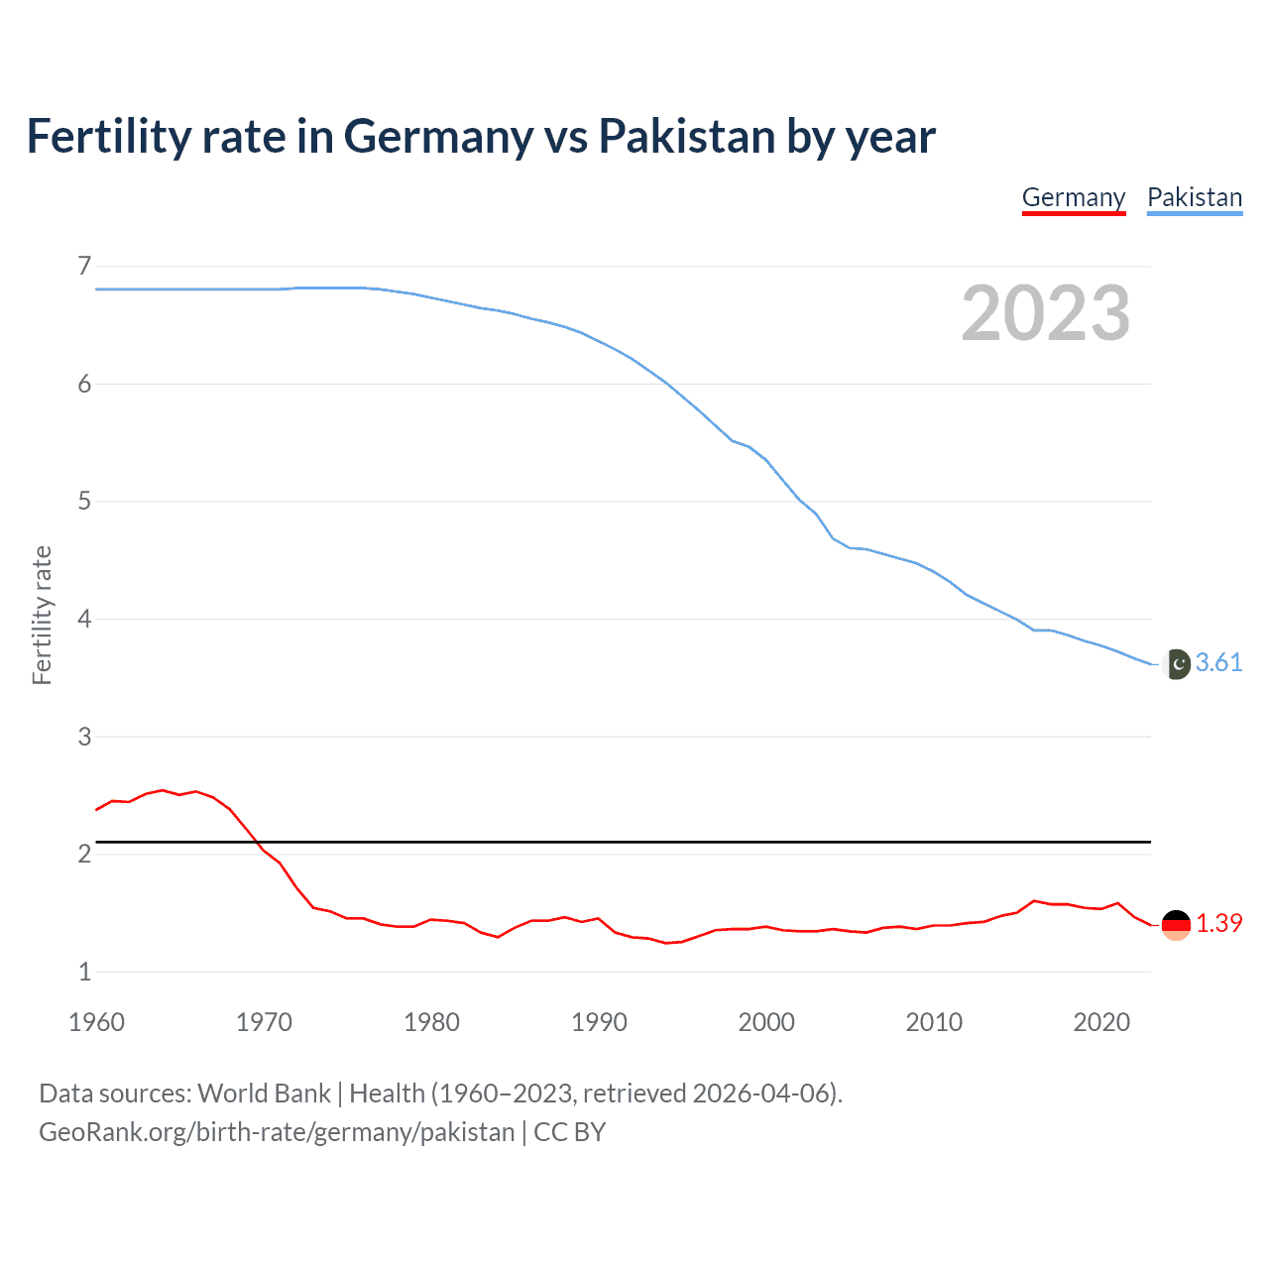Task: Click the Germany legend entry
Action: pos(1074,197)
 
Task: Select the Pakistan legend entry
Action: pos(1195,197)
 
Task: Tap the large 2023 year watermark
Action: pos(1046,313)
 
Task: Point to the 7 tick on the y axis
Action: pos(84,266)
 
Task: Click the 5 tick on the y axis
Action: pos(84,501)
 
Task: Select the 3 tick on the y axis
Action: pos(84,736)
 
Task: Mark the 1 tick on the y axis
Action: pos(84,972)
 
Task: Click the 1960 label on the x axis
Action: pos(96,1022)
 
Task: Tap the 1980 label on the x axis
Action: pos(431,1022)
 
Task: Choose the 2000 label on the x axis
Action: pos(766,1022)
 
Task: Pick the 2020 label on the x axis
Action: pos(1101,1022)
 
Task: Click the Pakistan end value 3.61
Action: pos(1218,662)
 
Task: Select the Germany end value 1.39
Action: pos(1218,923)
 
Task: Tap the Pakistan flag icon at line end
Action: pos(1177,664)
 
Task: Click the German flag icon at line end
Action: pos(1176,925)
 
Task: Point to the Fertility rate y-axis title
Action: pos(42,615)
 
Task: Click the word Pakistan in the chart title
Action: pos(687,136)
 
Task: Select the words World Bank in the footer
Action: pos(264,1094)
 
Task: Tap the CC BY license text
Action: pos(569,1132)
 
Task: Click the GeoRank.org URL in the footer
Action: pos(277,1132)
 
